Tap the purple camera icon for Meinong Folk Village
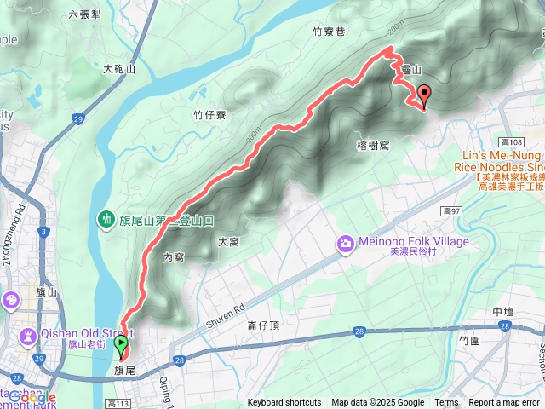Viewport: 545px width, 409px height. (346, 244)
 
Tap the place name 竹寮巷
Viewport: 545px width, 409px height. (328, 32)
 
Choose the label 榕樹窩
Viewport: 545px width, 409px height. (373, 146)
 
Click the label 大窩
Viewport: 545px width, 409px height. (228, 242)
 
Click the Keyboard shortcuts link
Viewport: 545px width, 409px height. (284, 403)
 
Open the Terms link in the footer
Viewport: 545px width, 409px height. (446, 403)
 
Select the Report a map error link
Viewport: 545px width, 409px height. (504, 403)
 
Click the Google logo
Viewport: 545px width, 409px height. (32, 397)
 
